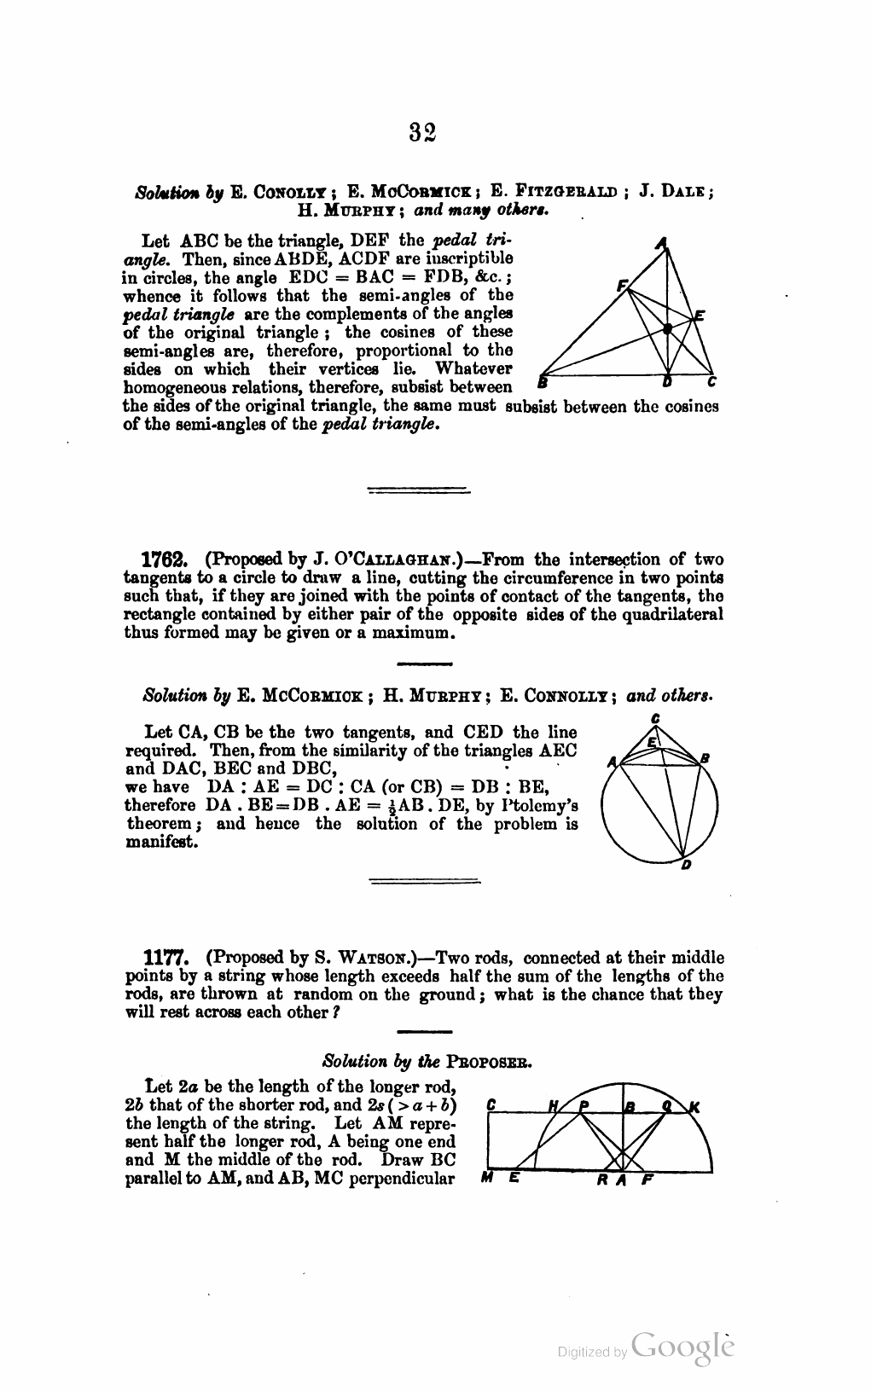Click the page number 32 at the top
pos(422,132)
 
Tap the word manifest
pos(162,843)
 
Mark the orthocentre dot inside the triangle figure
pos(669,327)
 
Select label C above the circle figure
pos(654,718)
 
